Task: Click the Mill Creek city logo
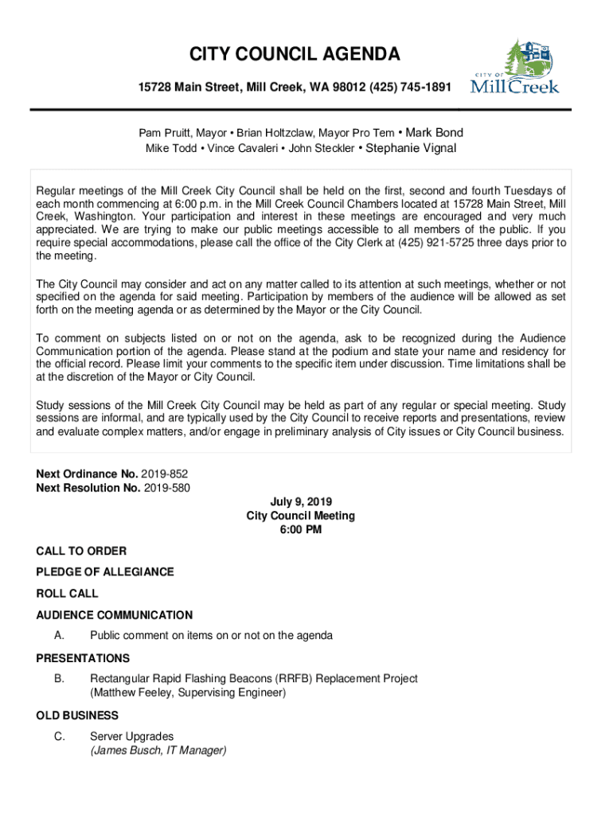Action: (x=515, y=68)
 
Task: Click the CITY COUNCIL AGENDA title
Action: (x=295, y=55)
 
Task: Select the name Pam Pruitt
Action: (x=164, y=133)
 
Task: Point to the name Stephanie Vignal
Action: (x=411, y=148)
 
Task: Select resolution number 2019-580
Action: (x=167, y=487)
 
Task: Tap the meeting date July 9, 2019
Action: (x=301, y=501)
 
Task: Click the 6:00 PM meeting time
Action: (x=301, y=530)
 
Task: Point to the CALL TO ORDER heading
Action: (x=81, y=551)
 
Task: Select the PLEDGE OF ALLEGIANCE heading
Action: (x=105, y=572)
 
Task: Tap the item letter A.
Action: (x=59, y=636)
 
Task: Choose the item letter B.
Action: (x=59, y=679)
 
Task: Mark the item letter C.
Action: (x=59, y=736)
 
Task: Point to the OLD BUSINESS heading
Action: (x=77, y=716)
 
